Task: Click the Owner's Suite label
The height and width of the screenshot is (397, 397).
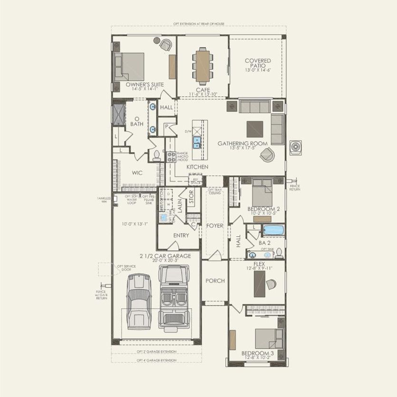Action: [x=145, y=84]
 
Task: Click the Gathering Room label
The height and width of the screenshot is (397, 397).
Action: [x=242, y=143]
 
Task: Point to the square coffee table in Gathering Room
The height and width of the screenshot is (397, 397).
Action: [x=254, y=129]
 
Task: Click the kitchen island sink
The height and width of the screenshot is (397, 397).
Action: [x=196, y=141]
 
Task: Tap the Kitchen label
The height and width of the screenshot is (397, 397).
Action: [x=197, y=167]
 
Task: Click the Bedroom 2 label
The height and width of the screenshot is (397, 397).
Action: [x=263, y=209]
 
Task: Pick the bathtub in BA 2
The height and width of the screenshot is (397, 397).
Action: [x=273, y=231]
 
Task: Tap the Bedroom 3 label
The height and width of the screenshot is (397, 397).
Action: [x=257, y=353]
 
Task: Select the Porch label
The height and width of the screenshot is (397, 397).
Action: [x=214, y=281]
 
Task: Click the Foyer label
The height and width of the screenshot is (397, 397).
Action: [x=215, y=225]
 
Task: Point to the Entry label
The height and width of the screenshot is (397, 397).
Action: [x=181, y=235]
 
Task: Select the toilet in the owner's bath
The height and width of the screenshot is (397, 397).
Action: [x=156, y=154]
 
